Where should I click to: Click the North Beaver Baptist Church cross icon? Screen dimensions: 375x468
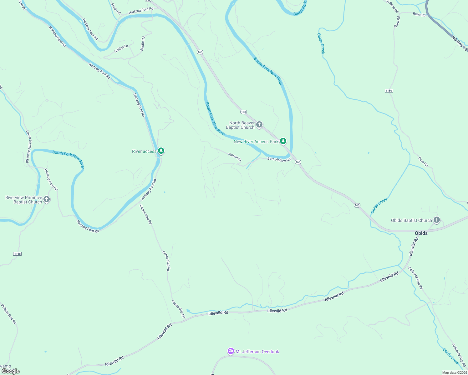click(259, 125)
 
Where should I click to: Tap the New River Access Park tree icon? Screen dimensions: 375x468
click(283, 141)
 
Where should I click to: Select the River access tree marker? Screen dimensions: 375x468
click(161, 151)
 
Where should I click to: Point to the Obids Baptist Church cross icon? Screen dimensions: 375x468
click(437, 220)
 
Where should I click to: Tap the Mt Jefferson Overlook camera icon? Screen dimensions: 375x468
click(231, 352)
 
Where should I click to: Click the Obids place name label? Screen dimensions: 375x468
click(421, 233)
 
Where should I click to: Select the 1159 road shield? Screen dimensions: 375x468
click(389, 91)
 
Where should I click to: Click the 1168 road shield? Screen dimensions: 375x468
click(18, 254)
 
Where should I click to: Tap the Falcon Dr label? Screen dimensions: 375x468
click(235, 157)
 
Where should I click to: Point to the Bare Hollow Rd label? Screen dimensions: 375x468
click(279, 160)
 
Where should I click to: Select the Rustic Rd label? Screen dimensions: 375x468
click(142, 43)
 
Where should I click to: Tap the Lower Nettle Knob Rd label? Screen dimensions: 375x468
click(28, 147)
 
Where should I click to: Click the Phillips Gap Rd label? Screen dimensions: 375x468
click(8, 314)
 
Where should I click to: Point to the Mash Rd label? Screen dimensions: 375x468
click(116, 9)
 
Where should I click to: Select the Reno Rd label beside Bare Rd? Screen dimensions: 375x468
click(419, 14)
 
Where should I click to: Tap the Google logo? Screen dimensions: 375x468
click(11, 371)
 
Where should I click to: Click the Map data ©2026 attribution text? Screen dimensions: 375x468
click(454, 372)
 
